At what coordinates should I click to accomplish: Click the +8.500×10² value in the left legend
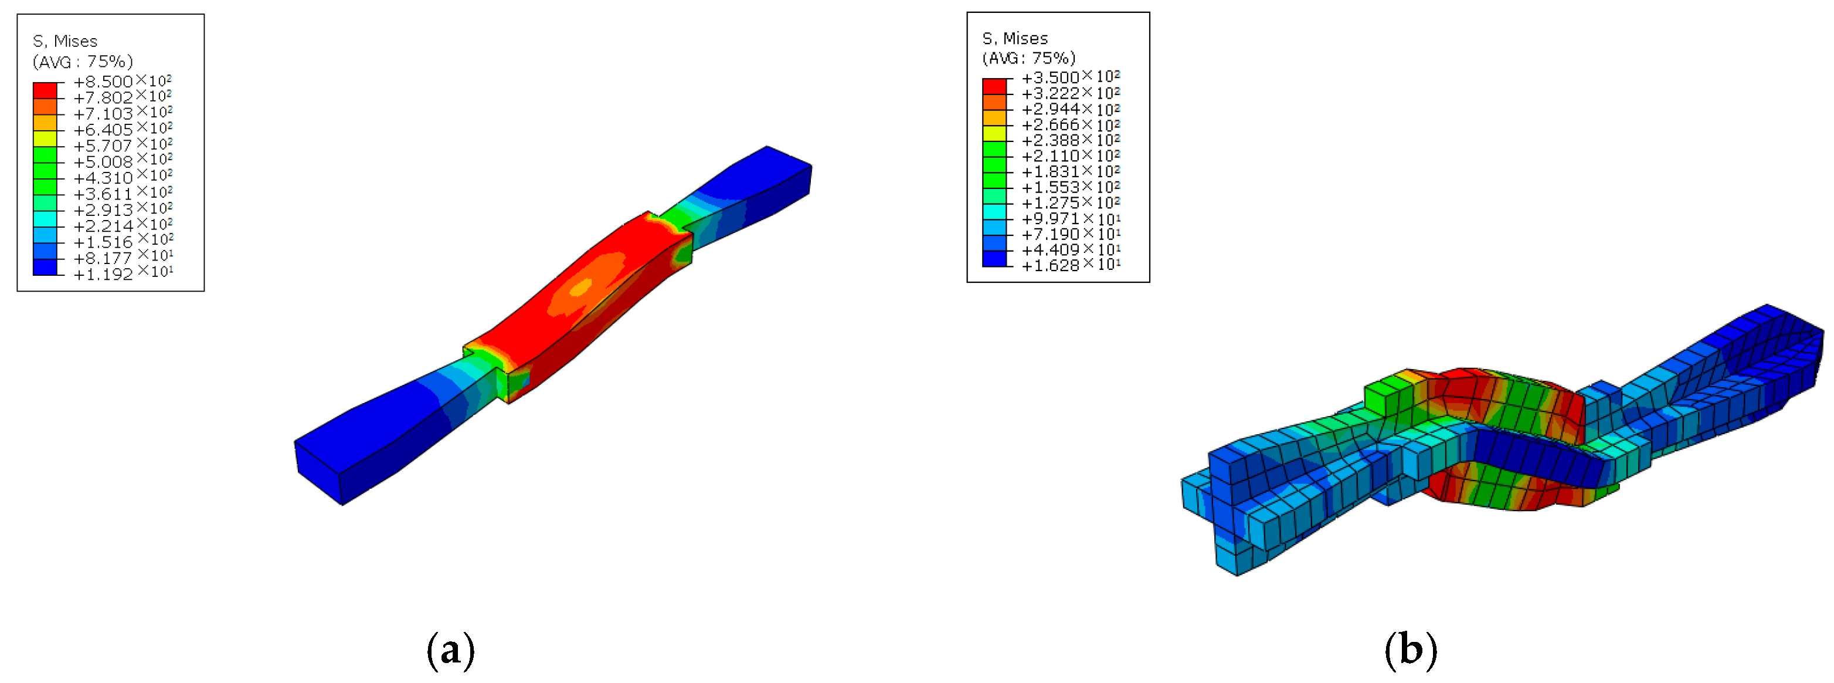[123, 81]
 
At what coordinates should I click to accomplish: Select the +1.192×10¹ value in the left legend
[123, 273]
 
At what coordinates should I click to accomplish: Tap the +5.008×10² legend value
[123, 161]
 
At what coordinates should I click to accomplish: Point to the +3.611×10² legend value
[123, 193]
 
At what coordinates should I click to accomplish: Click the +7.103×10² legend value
[123, 113]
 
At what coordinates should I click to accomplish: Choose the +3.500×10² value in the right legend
[1071, 77]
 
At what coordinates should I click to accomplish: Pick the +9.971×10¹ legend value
[1071, 218]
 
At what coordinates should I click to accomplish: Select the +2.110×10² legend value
[1071, 155]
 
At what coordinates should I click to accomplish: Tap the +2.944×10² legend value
[1071, 108]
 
